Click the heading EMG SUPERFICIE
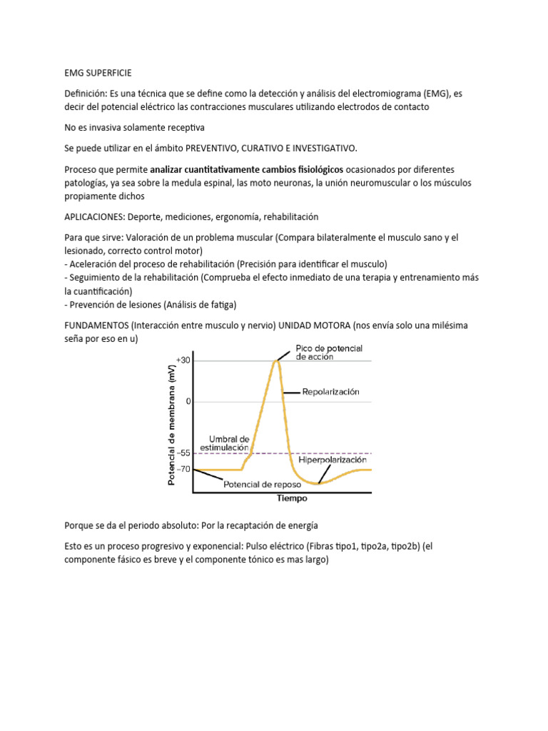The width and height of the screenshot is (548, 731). (x=98, y=73)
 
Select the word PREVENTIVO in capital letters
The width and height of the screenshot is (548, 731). (x=211, y=148)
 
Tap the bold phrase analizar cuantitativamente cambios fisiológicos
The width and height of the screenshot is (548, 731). (x=247, y=169)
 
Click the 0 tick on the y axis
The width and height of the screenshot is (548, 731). (x=188, y=401)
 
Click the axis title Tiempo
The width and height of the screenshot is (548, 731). (x=293, y=498)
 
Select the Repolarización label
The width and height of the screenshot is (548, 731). (x=330, y=392)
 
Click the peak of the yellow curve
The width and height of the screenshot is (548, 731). (x=275, y=361)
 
